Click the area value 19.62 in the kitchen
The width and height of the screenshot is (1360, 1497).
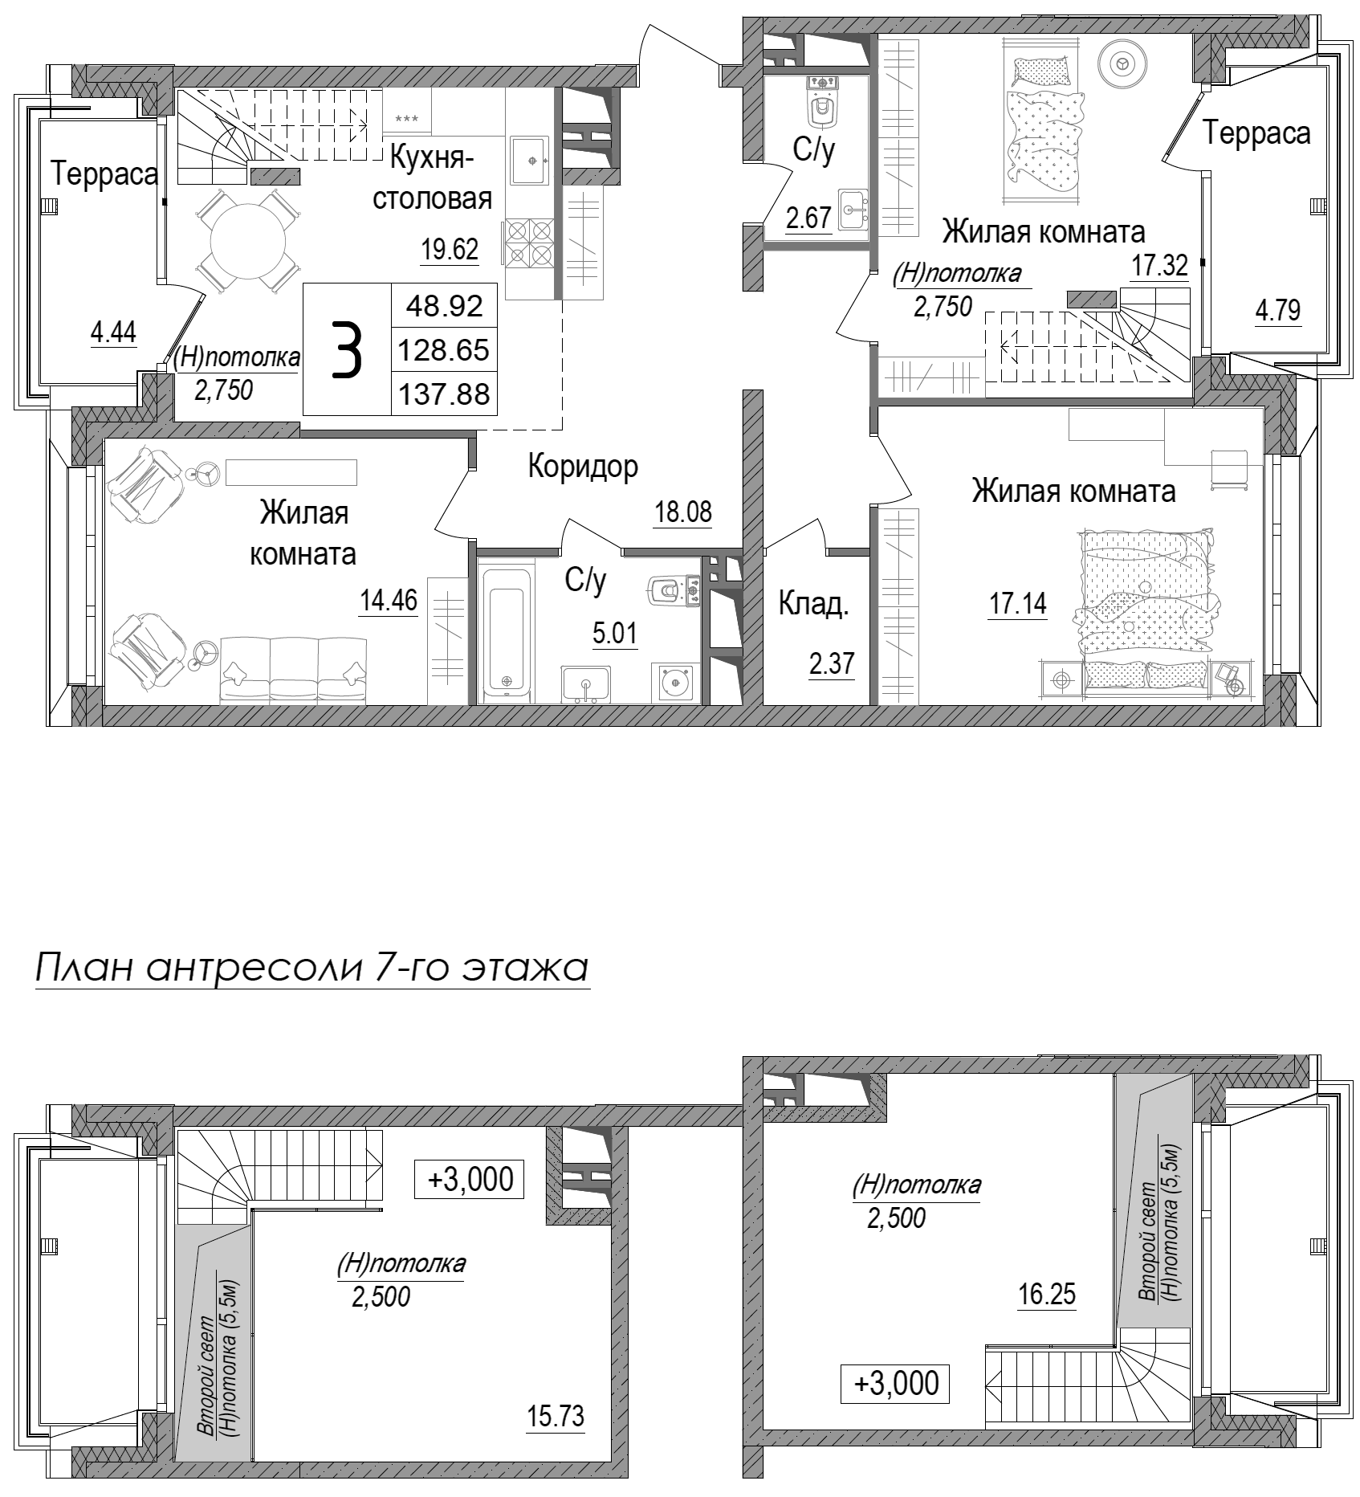pos(450,250)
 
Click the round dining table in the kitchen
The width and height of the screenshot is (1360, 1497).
pos(248,240)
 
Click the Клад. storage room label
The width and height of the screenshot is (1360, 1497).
pos(812,605)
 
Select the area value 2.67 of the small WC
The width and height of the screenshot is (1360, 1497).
pos(808,218)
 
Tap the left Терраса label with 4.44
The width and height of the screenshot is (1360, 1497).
pos(104,173)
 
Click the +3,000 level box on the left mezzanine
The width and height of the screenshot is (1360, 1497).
pos(470,1180)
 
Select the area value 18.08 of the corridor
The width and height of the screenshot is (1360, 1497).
pos(682,512)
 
